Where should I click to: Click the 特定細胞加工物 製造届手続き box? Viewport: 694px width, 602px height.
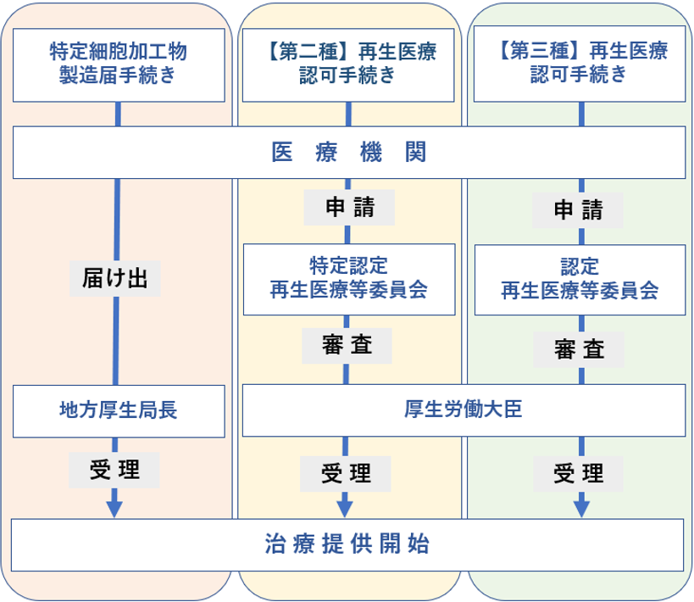119,64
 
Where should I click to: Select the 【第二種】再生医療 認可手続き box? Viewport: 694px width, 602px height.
347,64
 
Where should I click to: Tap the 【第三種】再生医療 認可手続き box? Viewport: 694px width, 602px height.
580,64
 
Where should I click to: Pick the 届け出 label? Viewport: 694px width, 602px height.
115,279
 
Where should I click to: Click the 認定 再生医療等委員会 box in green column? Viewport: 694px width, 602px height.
580,279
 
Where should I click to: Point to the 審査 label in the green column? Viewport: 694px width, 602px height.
580,348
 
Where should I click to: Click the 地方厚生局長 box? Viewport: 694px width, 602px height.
119,410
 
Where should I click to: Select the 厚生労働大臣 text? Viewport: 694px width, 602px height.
464,410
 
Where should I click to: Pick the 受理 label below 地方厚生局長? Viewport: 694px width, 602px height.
115,469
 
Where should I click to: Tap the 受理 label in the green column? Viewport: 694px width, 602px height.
580,472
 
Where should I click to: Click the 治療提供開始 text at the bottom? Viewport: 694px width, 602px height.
347,544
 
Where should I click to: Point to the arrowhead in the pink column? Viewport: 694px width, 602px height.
115,508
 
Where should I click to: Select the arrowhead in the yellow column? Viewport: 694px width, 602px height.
346,508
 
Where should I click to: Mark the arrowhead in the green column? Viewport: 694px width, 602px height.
581,508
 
